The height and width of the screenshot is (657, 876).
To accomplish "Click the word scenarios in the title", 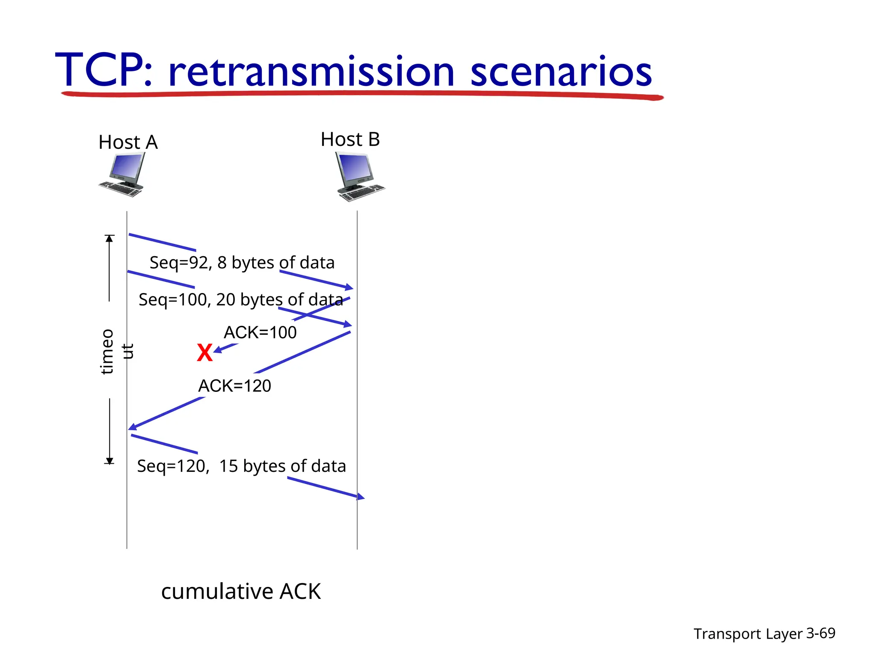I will point(561,71).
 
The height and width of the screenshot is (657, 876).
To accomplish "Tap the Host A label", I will point(128,142).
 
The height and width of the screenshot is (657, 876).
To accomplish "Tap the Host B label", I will point(350,139).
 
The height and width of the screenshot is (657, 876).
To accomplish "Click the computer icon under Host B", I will point(359,177).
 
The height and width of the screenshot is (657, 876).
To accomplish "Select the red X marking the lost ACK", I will point(204,353).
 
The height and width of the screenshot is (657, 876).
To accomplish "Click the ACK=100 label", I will point(260,332).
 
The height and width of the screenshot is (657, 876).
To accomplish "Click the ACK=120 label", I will point(234,386).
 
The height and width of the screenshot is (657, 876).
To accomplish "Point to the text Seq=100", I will point(173,299).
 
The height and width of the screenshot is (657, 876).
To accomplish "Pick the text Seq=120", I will point(173,466).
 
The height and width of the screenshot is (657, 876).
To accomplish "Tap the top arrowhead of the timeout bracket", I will point(109,238).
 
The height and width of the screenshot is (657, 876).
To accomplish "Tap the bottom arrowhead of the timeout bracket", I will point(109,461).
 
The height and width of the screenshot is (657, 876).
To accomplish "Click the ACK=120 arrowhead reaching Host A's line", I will point(133,426).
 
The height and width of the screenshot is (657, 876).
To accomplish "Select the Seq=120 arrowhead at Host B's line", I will point(361,497).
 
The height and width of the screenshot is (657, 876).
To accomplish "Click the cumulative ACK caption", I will point(241,591).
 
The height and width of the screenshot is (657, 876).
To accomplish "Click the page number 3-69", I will point(820,633).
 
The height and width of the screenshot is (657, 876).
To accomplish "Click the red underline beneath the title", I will point(362,94).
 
